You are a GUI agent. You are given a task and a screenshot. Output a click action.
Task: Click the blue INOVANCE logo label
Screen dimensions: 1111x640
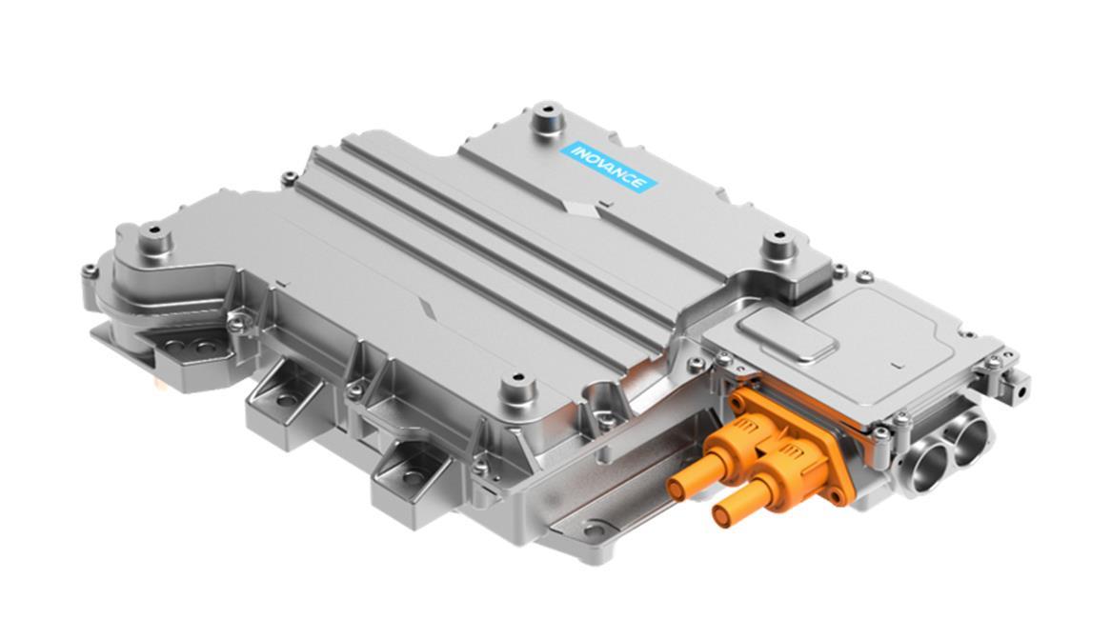(609, 168)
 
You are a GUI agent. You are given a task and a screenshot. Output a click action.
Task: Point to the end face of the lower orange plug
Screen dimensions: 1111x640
(724, 514)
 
